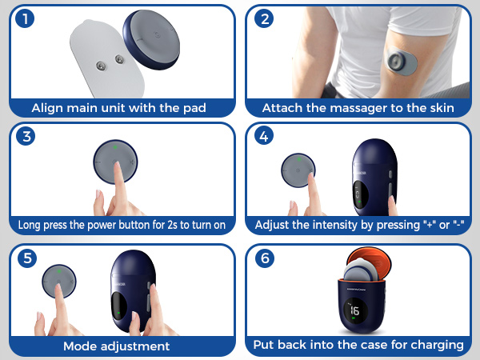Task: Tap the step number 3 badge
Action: tap(27, 136)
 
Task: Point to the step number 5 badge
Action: tap(27, 258)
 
